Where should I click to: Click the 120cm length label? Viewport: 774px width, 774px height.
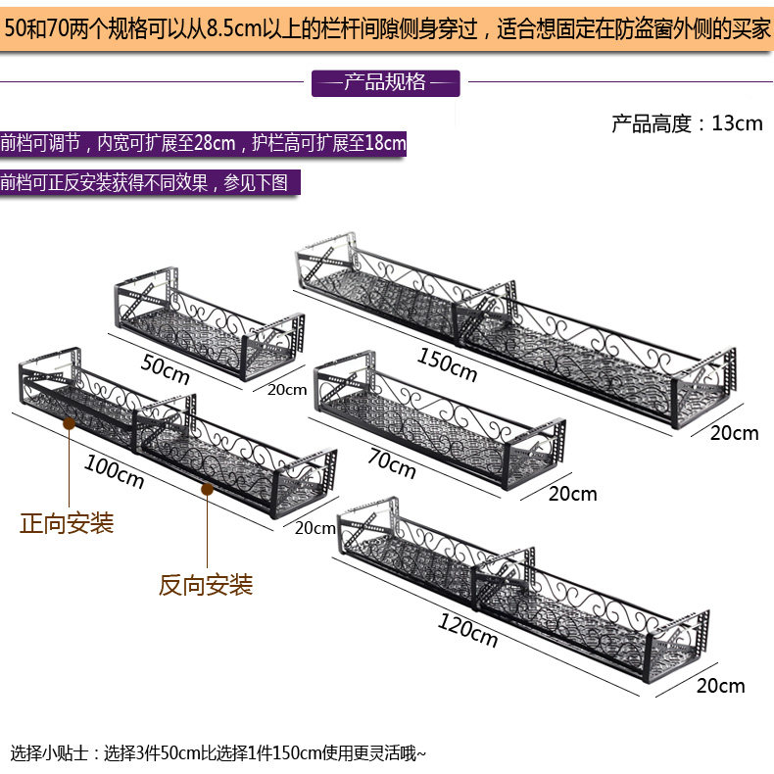(468, 631)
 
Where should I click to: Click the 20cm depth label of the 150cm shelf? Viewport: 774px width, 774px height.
(734, 432)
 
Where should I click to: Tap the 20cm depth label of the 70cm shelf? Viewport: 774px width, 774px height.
(572, 494)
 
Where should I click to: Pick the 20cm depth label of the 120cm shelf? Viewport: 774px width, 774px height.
(720, 685)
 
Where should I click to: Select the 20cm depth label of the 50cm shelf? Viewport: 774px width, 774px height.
(286, 389)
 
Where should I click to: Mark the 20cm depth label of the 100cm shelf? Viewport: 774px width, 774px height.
(314, 528)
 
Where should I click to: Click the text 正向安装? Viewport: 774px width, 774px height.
(68, 523)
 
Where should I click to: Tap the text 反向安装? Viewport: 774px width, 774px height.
(207, 585)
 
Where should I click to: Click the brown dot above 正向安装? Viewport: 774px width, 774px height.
(70, 423)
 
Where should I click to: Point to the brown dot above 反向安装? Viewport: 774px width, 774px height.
(208, 489)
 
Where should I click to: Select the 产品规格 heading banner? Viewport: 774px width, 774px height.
(385, 82)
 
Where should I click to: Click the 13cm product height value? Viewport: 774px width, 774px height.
(737, 123)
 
